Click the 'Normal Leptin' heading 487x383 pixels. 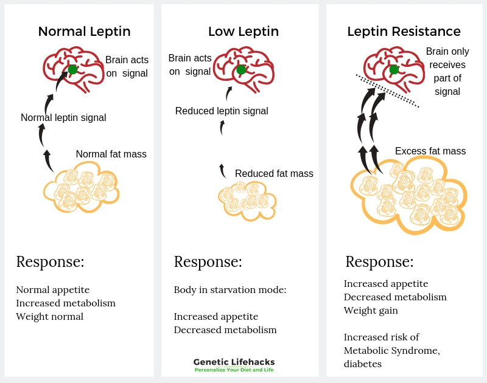[x=84, y=32]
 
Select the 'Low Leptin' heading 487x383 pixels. [x=243, y=32]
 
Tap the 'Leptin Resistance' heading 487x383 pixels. [x=404, y=32]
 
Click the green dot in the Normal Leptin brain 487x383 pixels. [x=72, y=70]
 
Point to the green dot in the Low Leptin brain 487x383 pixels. [x=241, y=70]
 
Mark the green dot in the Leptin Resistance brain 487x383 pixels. [x=394, y=70]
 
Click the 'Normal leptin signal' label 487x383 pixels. [x=63, y=118]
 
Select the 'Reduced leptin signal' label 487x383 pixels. [x=222, y=111]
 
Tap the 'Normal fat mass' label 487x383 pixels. [x=111, y=154]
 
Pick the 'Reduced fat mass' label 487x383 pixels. [x=274, y=174]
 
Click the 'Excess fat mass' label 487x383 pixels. [x=430, y=151]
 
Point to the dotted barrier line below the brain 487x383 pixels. [x=387, y=91]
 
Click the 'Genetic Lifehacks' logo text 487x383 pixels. [x=234, y=362]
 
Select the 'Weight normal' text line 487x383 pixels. [x=50, y=317]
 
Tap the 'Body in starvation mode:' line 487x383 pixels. [x=230, y=290]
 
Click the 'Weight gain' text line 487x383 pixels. [x=371, y=311]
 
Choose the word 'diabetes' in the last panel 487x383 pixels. [x=362, y=364]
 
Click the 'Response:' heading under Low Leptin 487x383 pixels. [x=208, y=262]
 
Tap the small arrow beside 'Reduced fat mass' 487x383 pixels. [x=222, y=171]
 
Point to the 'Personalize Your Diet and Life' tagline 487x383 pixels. [x=234, y=370]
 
